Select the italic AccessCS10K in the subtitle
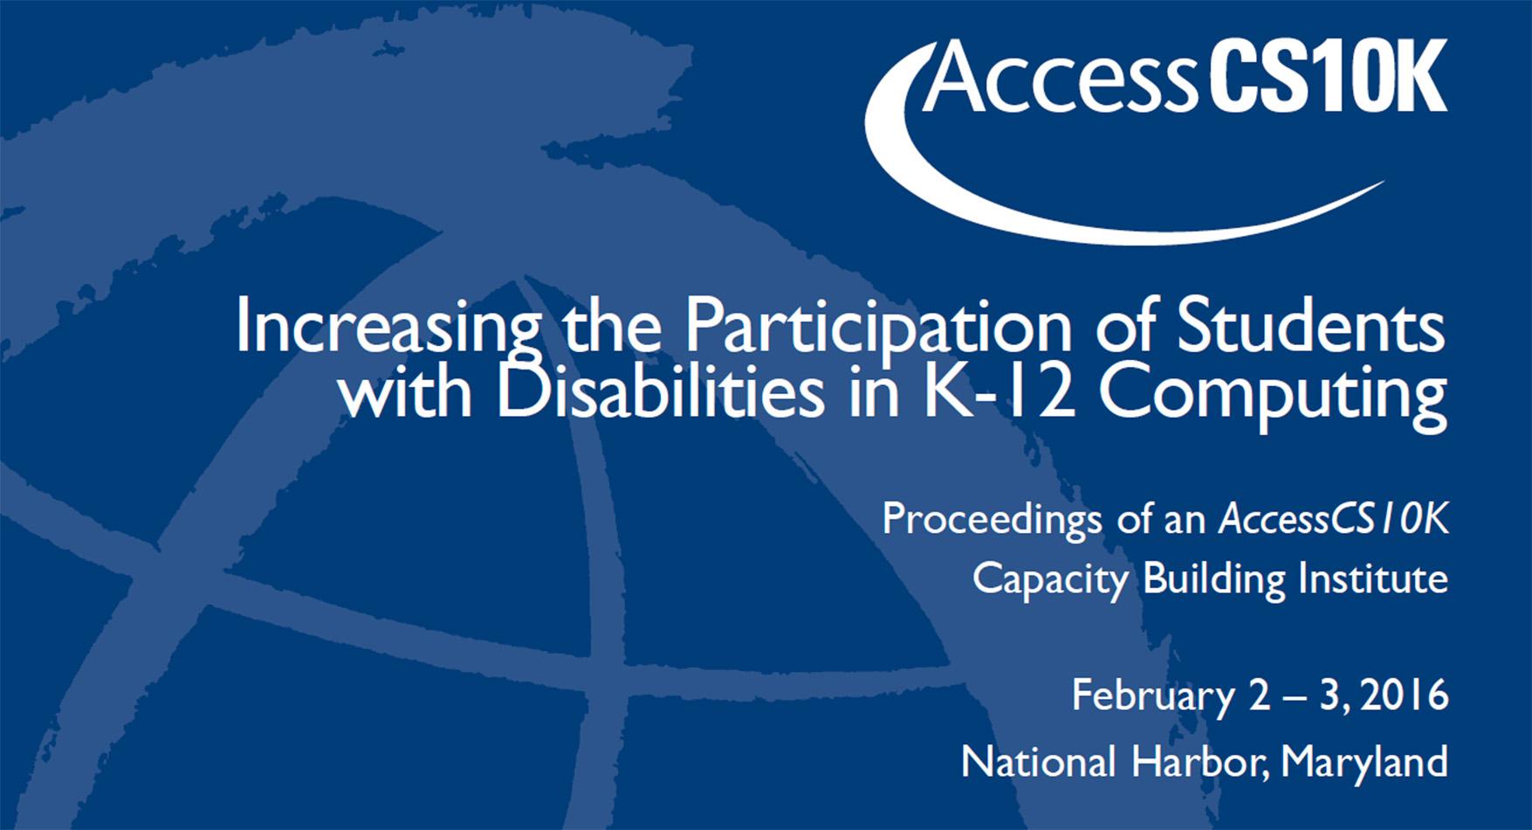pyautogui.click(x=1333, y=519)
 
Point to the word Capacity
pyautogui.click(x=1050, y=579)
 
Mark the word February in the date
pyautogui.click(x=1152, y=696)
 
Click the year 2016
pyautogui.click(x=1405, y=695)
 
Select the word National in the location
pyautogui.click(x=1038, y=762)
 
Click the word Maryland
pyautogui.click(x=1364, y=763)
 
